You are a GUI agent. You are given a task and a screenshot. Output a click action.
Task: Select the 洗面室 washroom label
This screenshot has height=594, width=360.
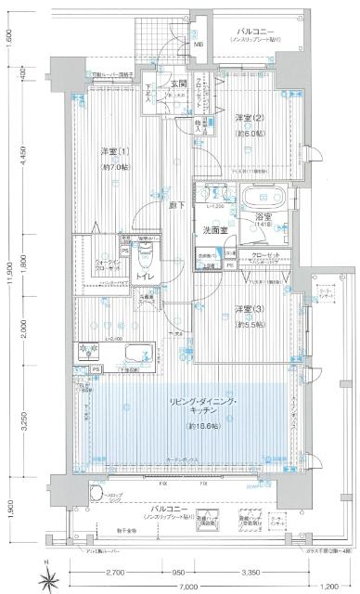218,228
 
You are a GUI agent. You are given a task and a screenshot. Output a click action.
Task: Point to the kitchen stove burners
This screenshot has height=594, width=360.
93,352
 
